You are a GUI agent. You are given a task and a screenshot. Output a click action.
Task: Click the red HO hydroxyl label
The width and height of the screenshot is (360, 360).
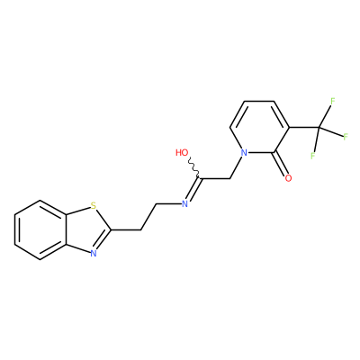click(x=182, y=152)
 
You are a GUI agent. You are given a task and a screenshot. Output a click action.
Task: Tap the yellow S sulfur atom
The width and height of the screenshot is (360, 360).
click(x=94, y=206)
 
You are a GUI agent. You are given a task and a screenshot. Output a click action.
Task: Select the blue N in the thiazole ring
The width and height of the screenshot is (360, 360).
click(x=94, y=254)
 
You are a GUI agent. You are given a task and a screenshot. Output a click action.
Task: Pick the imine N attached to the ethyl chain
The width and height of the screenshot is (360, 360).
click(x=184, y=204)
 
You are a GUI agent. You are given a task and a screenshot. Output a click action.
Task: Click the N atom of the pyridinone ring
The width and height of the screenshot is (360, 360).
click(x=245, y=153)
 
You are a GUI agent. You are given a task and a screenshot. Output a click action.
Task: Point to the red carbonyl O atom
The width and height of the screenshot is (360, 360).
click(x=288, y=178)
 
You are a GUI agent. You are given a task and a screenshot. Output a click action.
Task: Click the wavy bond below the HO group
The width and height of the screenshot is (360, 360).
click(x=193, y=168)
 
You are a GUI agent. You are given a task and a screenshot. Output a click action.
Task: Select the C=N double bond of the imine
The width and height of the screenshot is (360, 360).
click(x=193, y=190)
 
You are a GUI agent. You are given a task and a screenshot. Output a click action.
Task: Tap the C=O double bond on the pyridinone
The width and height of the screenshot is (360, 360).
click(x=280, y=164)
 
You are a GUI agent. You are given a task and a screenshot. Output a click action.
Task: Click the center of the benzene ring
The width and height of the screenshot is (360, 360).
click(x=40, y=229)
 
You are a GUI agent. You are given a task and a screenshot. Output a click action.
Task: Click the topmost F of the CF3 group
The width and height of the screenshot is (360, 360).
click(x=332, y=102)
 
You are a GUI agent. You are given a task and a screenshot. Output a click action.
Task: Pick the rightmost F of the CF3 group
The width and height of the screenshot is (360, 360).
click(x=346, y=137)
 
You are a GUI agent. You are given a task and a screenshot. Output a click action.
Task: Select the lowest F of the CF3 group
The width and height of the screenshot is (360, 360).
click(x=312, y=156)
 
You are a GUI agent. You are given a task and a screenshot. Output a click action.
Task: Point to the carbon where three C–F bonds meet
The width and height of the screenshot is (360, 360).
click(x=319, y=127)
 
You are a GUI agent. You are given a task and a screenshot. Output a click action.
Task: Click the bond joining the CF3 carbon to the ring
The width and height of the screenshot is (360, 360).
click(x=304, y=127)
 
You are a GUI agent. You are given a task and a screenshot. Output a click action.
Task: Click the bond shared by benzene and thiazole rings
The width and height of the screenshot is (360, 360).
click(x=66, y=229)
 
